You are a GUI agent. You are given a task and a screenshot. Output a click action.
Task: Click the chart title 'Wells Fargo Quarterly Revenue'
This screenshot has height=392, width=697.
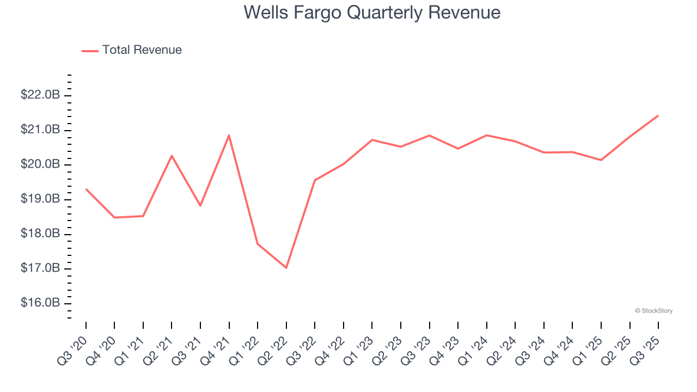click(372, 13)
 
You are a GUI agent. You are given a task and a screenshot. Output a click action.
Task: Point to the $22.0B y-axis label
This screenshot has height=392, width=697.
click(40, 95)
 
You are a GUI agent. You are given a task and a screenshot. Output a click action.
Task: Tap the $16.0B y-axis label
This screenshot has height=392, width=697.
click(40, 303)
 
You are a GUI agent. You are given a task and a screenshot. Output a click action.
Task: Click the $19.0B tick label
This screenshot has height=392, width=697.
click(40, 199)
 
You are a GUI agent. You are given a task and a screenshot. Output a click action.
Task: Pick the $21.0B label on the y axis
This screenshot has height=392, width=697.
click(40, 130)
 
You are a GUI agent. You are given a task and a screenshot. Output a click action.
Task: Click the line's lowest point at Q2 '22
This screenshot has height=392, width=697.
click(286, 268)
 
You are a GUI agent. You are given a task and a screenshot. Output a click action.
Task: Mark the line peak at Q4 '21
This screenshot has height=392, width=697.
click(229, 135)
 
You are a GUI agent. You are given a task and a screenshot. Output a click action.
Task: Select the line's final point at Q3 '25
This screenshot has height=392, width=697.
click(658, 115)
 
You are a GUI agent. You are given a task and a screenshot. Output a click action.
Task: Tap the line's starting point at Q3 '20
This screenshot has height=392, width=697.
click(86, 189)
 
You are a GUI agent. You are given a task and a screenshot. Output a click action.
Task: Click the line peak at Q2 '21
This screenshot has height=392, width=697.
click(172, 156)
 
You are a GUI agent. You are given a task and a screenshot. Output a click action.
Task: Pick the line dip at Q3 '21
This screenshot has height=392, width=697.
click(200, 206)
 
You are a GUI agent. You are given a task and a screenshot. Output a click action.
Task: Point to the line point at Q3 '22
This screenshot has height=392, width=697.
click(315, 180)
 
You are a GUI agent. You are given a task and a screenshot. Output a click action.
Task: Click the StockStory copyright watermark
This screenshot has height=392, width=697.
click(653, 311)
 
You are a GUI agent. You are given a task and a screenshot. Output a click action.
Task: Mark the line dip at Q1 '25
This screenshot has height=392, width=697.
click(601, 160)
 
